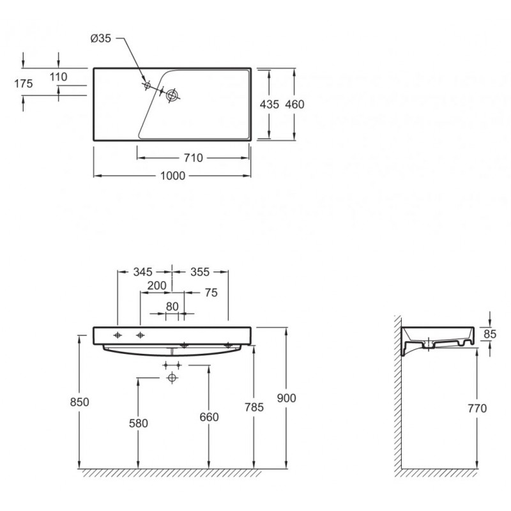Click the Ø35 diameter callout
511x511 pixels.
(x=101, y=38)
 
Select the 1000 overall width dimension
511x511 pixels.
(x=172, y=176)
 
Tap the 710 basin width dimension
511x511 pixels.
(x=194, y=158)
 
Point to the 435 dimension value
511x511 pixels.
(x=270, y=104)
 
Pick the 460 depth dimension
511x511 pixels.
(x=294, y=104)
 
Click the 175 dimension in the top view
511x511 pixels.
(x=24, y=84)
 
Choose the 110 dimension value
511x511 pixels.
(x=58, y=77)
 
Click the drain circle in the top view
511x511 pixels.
(x=172, y=95)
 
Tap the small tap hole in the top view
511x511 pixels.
(x=147, y=86)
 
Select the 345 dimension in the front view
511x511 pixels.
(x=142, y=272)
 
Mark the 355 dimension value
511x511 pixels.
(x=200, y=272)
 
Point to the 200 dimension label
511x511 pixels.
(x=156, y=286)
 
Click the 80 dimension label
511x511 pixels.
(x=172, y=307)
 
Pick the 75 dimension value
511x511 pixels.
(x=211, y=293)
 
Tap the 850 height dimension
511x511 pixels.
(x=79, y=402)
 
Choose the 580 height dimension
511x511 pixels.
(x=139, y=423)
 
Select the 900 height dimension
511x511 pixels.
(x=286, y=398)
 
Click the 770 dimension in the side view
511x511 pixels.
(x=477, y=408)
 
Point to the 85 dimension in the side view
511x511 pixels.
(x=490, y=334)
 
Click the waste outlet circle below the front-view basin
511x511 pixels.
(x=172, y=378)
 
